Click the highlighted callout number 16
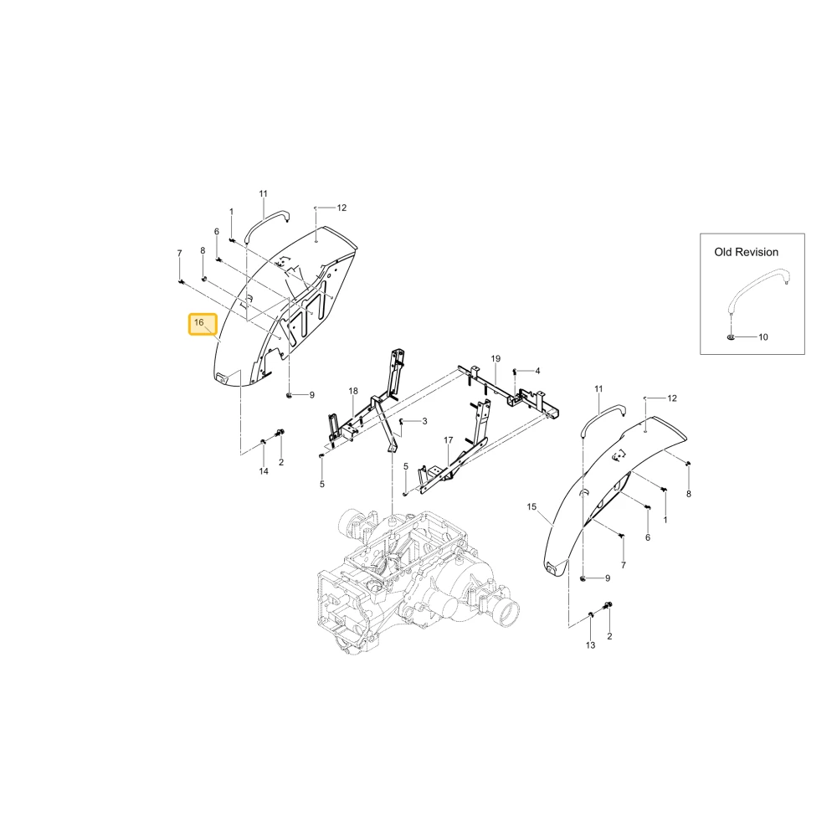pos(199,322)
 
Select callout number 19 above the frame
pos(496,358)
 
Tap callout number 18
pos(353,391)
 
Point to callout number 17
pos(449,440)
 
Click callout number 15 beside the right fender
pos(531,506)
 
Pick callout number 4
pos(537,371)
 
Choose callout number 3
pos(424,421)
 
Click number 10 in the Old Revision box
pos(763,336)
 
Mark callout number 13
pos(590,645)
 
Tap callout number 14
pos(264,471)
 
